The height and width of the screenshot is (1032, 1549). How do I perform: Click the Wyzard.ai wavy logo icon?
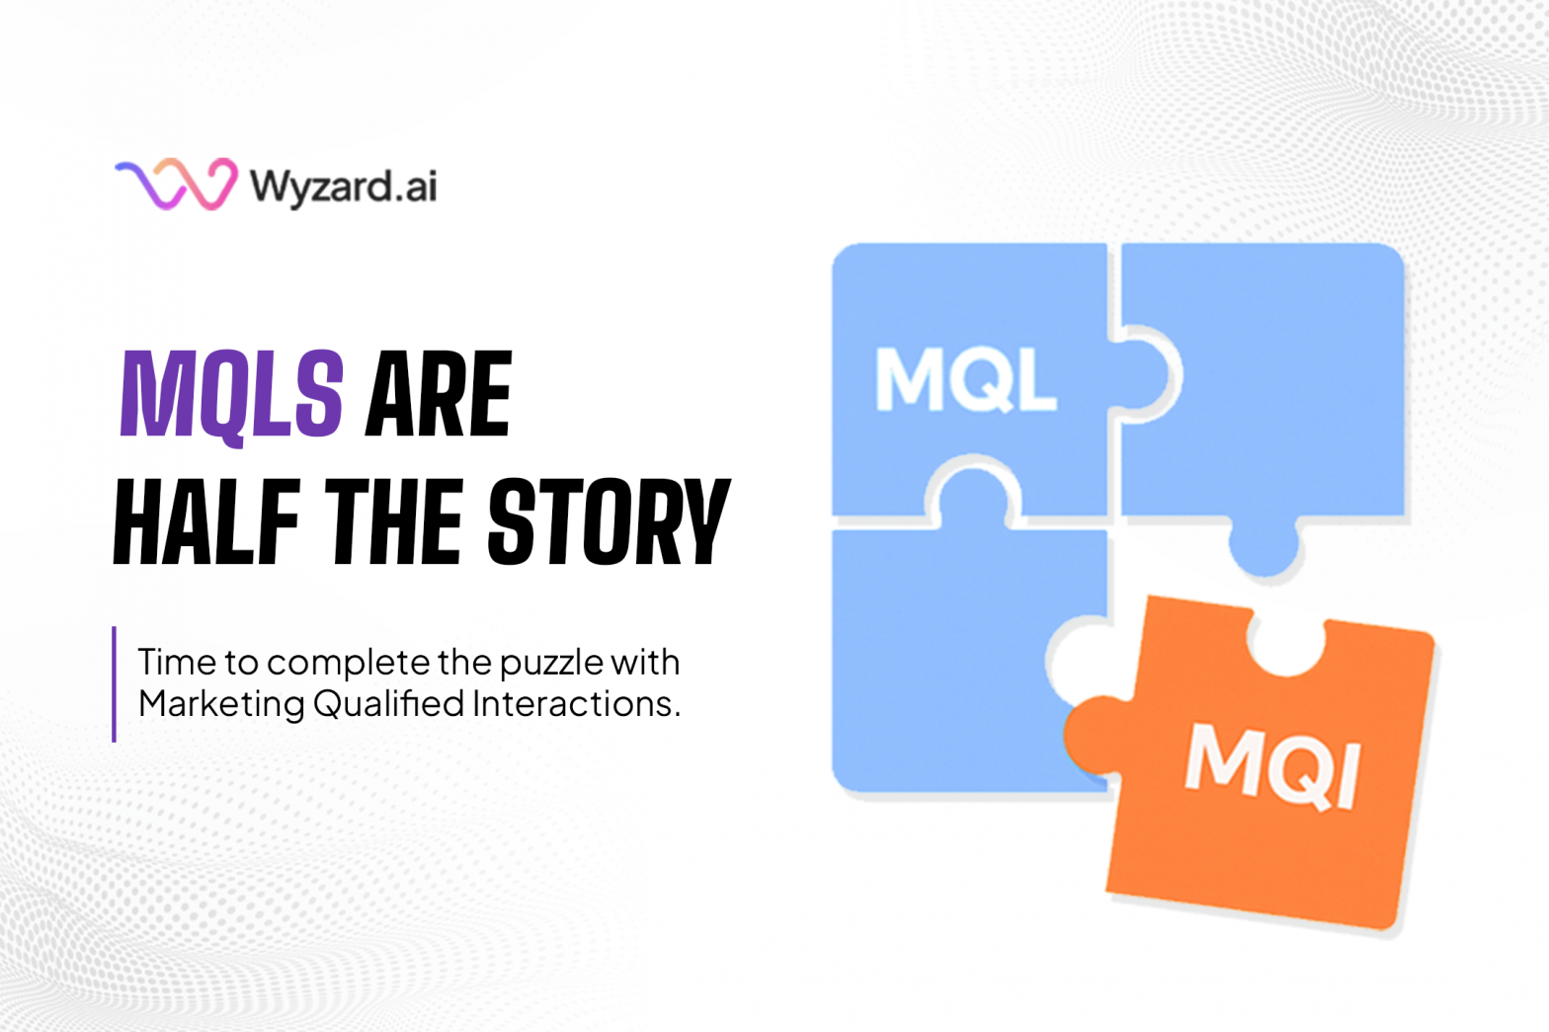coord(176,184)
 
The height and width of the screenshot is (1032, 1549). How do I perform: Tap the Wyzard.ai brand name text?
coord(343,187)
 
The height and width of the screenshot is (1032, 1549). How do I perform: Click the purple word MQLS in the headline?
coord(231,396)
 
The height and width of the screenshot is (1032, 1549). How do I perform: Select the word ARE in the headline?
coord(439,394)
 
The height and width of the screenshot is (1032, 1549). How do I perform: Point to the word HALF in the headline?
coord(206,521)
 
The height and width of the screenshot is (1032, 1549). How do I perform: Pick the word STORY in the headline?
coord(609,521)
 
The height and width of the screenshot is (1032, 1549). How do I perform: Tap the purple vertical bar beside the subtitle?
coord(115,683)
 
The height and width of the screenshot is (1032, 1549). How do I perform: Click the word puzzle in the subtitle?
coord(551,665)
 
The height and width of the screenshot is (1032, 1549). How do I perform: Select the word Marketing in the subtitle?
coord(221,705)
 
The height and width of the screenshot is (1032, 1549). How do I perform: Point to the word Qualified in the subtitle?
coord(388,704)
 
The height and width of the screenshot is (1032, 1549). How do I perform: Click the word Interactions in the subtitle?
coord(577,704)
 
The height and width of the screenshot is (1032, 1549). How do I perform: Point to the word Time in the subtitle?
coord(176,662)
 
